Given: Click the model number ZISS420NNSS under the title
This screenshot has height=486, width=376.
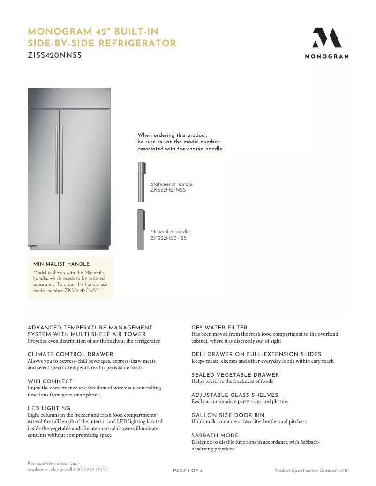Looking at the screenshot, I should click(x=55, y=55).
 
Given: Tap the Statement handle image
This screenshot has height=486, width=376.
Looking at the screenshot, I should click(x=141, y=182).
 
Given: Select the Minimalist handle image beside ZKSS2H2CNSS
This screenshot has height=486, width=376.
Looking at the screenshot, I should click(x=141, y=230).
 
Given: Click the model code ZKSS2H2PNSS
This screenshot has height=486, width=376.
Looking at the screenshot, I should click(x=168, y=190).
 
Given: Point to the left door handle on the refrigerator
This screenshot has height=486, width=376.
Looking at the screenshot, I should click(x=56, y=159).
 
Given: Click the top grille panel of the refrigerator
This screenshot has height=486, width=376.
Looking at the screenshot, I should click(x=69, y=98).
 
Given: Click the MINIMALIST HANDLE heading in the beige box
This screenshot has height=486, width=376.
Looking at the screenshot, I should click(x=61, y=264).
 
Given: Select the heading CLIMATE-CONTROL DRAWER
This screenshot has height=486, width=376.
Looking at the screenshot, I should click(x=70, y=354).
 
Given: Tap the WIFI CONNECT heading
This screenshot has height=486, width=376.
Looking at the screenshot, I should click(x=50, y=381).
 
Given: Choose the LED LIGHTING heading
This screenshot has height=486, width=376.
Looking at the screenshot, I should click(x=49, y=408).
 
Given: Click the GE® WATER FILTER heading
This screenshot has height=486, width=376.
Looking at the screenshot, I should click(x=219, y=328).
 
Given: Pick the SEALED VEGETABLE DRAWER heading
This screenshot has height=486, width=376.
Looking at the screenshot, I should click(x=235, y=375).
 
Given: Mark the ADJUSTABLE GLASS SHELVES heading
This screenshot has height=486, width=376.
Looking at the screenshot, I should click(x=234, y=395).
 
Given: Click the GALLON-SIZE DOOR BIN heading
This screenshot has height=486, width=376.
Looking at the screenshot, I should click(x=228, y=415).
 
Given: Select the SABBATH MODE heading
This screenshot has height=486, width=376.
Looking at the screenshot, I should click(x=215, y=435).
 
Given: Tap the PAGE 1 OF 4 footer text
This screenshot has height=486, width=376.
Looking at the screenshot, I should click(x=188, y=471).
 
